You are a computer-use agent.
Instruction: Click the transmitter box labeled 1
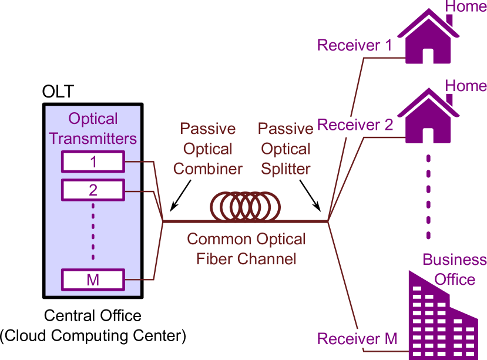coord(93,162)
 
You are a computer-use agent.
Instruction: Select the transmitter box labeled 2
coord(93,190)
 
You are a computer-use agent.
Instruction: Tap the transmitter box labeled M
coord(93,280)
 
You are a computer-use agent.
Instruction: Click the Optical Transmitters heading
coord(93,129)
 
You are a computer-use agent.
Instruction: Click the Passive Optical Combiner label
coord(208,149)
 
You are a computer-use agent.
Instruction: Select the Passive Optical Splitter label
coord(286,149)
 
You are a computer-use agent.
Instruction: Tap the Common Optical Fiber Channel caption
coord(246,248)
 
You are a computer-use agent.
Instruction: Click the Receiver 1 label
coord(354,45)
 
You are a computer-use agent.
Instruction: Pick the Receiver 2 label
coord(355,125)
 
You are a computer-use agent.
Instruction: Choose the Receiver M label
coord(357,339)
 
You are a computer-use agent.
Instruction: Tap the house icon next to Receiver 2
coord(428,117)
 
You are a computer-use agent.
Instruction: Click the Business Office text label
coord(454,269)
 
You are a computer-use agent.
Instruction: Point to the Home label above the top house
coord(466,7)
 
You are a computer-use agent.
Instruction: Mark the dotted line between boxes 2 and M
coord(93,231)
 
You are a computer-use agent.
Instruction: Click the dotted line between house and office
coord(428,197)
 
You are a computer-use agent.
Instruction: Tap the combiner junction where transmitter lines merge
coord(163,221)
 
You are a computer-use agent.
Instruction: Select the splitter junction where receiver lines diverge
coord(328,221)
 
